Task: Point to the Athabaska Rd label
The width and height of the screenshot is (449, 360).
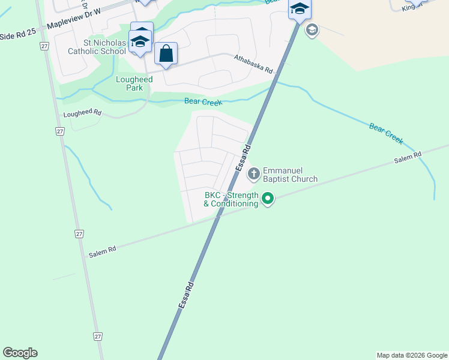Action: pyautogui.click(x=252, y=63)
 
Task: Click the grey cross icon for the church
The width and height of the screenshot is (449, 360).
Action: pyautogui.click(x=254, y=174)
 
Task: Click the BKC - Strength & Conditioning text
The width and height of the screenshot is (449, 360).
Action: pyautogui.click(x=231, y=199)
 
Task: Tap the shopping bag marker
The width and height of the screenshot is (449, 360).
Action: pyautogui.click(x=166, y=54)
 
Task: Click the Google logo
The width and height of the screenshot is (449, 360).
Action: pyautogui.click(x=20, y=353)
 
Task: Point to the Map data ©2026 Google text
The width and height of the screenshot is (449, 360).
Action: pyautogui.click(x=412, y=355)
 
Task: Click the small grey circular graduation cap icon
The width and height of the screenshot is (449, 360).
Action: pyautogui.click(x=312, y=29)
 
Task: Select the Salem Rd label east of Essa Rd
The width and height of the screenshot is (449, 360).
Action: pyautogui.click(x=408, y=158)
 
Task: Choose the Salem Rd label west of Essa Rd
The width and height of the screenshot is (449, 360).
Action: pyautogui.click(x=102, y=251)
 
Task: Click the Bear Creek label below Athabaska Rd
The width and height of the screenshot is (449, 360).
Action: pyautogui.click(x=203, y=102)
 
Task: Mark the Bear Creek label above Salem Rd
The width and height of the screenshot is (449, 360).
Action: pyautogui.click(x=385, y=134)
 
